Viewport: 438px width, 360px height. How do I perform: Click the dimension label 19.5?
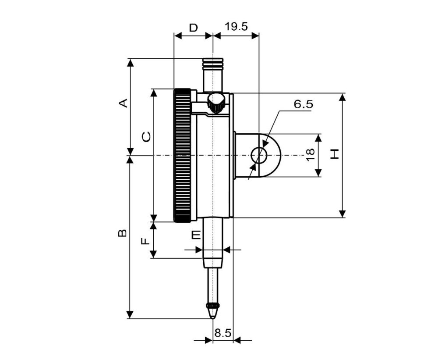pos(236,27)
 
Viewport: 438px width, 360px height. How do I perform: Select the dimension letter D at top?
pos(193,28)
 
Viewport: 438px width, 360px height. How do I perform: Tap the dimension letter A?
pos(123,103)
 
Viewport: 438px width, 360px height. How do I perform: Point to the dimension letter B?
pos(122,233)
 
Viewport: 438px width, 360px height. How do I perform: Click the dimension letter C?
pos(146,137)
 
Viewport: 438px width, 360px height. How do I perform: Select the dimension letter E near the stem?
pos(196,235)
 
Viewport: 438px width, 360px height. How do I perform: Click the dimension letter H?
pos(334,154)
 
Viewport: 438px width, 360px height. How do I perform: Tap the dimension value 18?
pos(310,155)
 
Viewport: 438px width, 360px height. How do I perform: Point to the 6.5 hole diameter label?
pos(304,104)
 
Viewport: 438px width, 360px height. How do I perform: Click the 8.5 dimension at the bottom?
pos(223,333)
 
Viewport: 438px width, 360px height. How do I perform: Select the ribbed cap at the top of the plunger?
pos(213,64)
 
